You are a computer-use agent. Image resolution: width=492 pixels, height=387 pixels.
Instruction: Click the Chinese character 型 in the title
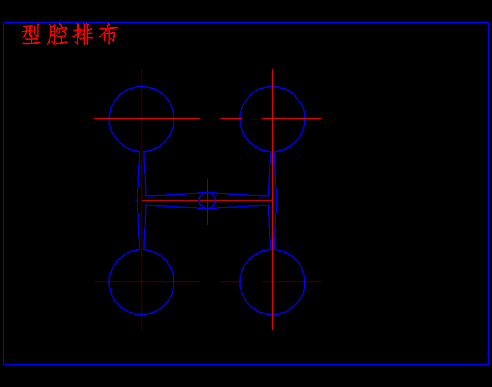(31, 35)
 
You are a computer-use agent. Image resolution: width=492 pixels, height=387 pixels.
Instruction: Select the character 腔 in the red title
(57, 35)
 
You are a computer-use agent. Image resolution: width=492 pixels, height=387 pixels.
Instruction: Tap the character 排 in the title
(83, 35)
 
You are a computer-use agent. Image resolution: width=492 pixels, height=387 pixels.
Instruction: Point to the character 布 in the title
(108, 35)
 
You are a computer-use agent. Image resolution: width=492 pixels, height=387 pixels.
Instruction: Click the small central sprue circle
(207, 200)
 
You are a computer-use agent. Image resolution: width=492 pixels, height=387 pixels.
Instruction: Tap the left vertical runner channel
(142, 178)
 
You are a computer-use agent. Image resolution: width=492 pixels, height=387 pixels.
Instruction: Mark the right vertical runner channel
(272, 178)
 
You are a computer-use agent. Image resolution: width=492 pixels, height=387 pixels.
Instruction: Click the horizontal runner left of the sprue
(172, 200)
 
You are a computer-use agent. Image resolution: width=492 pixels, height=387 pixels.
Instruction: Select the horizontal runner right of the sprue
(240, 200)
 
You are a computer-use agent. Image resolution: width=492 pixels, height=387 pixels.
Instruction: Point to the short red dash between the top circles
(231, 118)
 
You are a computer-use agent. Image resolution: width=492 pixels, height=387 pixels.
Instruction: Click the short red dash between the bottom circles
(231, 282)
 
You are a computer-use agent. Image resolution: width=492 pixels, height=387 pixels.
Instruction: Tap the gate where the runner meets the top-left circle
(142, 152)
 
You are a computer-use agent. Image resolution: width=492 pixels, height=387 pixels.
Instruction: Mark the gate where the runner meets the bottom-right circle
(272, 249)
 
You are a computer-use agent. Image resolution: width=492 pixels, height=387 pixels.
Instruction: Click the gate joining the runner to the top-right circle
(272, 152)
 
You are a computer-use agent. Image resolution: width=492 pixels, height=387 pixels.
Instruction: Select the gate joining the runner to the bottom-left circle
(142, 249)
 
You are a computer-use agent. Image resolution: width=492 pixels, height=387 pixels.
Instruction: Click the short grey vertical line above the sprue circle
(207, 185)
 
